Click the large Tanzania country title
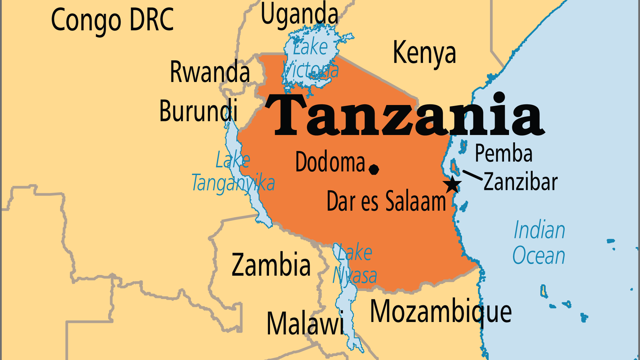tap(405, 115)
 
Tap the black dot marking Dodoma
tap(374, 169)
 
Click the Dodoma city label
tap(330, 162)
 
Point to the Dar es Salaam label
tap(386, 201)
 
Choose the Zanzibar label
tap(520, 182)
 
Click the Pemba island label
tap(503, 153)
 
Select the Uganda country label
tap(299, 14)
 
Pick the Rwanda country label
tap(210, 72)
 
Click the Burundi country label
tap(199, 111)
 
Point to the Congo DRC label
tap(112, 20)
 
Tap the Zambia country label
tap(271, 265)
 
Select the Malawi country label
tap(305, 323)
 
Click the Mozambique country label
tap(441, 312)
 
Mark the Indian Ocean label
tap(539, 243)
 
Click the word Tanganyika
tap(233, 183)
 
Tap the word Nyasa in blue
tap(355, 276)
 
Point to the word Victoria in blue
tap(311, 70)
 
